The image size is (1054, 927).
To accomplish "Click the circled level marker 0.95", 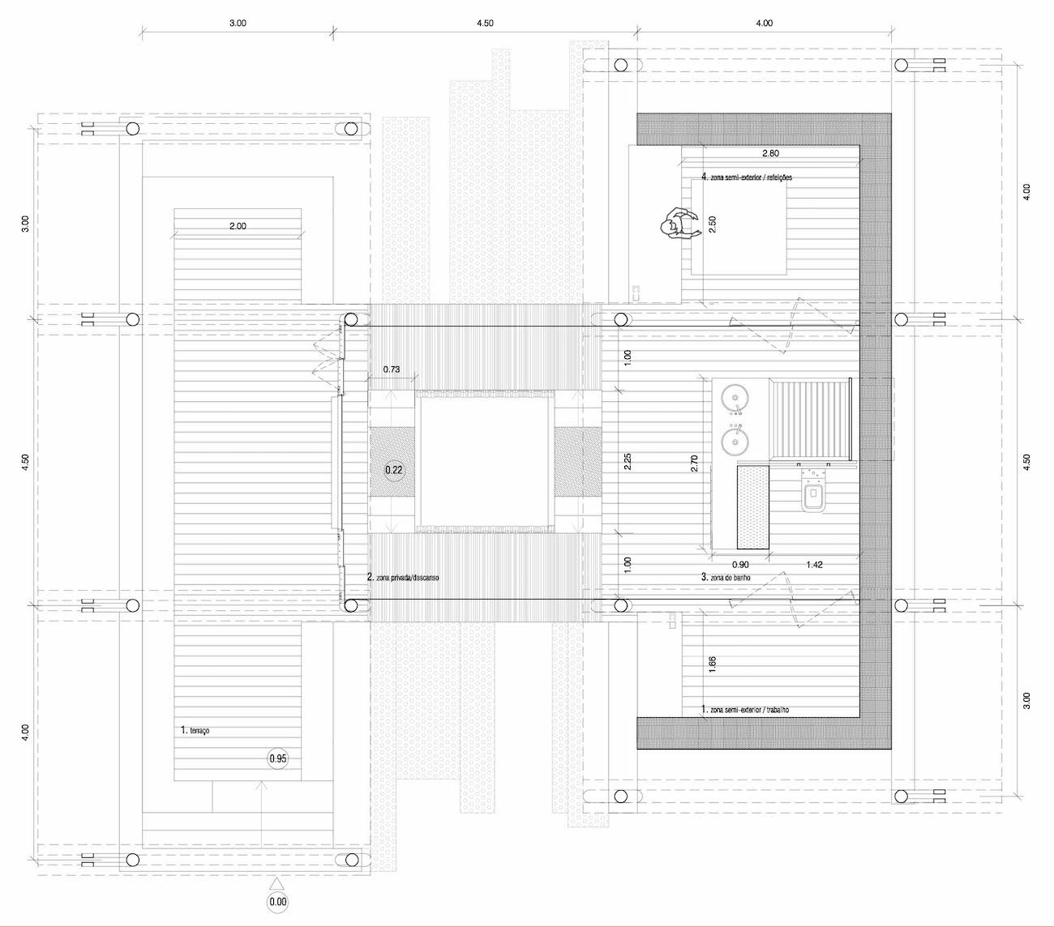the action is [x=278, y=758].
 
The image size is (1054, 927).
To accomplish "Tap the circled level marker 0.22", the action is [x=394, y=470].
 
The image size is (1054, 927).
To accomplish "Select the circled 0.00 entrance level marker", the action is [x=278, y=902].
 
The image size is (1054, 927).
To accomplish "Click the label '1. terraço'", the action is [x=195, y=730].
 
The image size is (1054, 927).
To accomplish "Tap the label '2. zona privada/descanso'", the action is [x=403, y=577].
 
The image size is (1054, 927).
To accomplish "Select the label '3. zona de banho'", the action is [x=726, y=577].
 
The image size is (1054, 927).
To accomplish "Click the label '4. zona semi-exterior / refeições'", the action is [x=747, y=177].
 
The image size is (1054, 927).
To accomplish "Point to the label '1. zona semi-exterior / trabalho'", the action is [x=745, y=709].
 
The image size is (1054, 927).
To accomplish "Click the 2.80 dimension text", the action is [x=770, y=153].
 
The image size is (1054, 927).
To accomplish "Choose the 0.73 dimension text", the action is [x=392, y=370].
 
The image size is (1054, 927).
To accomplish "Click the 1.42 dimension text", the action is [x=814, y=565].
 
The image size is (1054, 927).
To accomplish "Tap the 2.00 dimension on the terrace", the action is [x=238, y=226].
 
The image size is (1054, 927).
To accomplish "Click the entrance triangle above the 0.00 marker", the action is [x=278, y=883].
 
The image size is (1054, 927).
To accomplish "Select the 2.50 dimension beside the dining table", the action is [x=712, y=224].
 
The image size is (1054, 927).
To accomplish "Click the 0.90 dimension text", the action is [x=740, y=565].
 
